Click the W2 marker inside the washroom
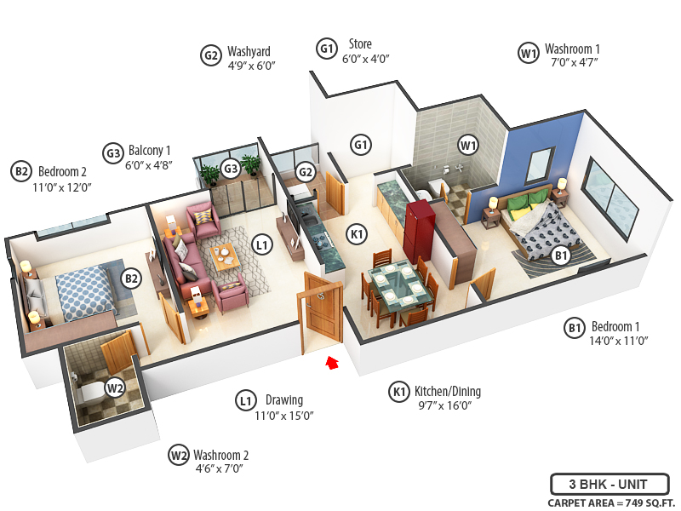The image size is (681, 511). [115, 389]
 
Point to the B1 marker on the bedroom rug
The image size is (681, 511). [561, 254]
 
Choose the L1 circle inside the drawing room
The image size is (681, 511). [262, 245]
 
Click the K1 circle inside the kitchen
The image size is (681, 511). [357, 232]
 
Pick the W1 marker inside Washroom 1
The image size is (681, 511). [468, 145]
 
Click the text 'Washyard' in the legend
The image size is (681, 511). [249, 51]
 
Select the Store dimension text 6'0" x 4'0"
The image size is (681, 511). [365, 60]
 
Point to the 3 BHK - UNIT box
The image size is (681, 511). [609, 485]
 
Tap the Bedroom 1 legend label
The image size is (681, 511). [615, 326]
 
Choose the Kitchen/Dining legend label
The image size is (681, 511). [448, 392]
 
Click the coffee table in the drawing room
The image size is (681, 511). [225, 255]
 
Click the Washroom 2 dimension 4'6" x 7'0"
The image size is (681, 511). [220, 468]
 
